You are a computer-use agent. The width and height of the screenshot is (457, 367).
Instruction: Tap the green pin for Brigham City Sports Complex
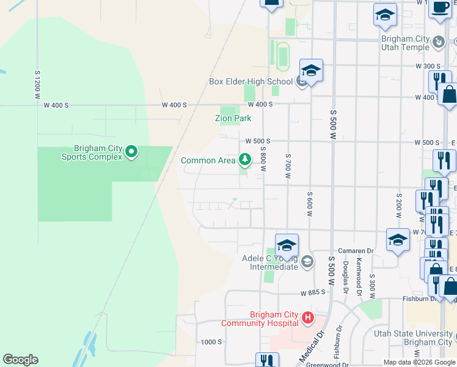coord(131,152)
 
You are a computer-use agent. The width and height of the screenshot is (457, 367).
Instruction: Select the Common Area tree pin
coord(245,160)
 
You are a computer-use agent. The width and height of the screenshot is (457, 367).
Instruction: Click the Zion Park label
coord(233,118)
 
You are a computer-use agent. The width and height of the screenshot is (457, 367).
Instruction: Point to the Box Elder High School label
coord(250,81)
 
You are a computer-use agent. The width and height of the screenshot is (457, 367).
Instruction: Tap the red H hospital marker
coord(308,319)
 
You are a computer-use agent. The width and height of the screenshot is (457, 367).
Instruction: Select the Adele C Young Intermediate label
coord(269,262)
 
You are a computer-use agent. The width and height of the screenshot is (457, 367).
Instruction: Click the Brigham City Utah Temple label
coord(405,43)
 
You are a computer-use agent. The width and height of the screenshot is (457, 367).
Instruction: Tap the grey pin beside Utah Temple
coord(439,42)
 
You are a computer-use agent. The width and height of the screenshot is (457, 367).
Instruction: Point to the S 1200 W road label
coord(37,84)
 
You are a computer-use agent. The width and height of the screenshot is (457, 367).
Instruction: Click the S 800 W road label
coord(263,158)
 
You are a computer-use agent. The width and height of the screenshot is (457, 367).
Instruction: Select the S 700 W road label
coord(287,166)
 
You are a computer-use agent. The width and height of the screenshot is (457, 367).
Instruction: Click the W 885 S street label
coord(312,292)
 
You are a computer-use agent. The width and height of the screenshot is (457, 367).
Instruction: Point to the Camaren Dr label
coord(357,251)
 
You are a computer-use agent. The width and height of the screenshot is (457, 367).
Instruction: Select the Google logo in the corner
coord(20,360)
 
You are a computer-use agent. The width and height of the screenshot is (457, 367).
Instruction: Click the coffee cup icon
coord(440,8)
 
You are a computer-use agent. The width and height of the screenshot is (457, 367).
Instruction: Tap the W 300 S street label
coord(428,65)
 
